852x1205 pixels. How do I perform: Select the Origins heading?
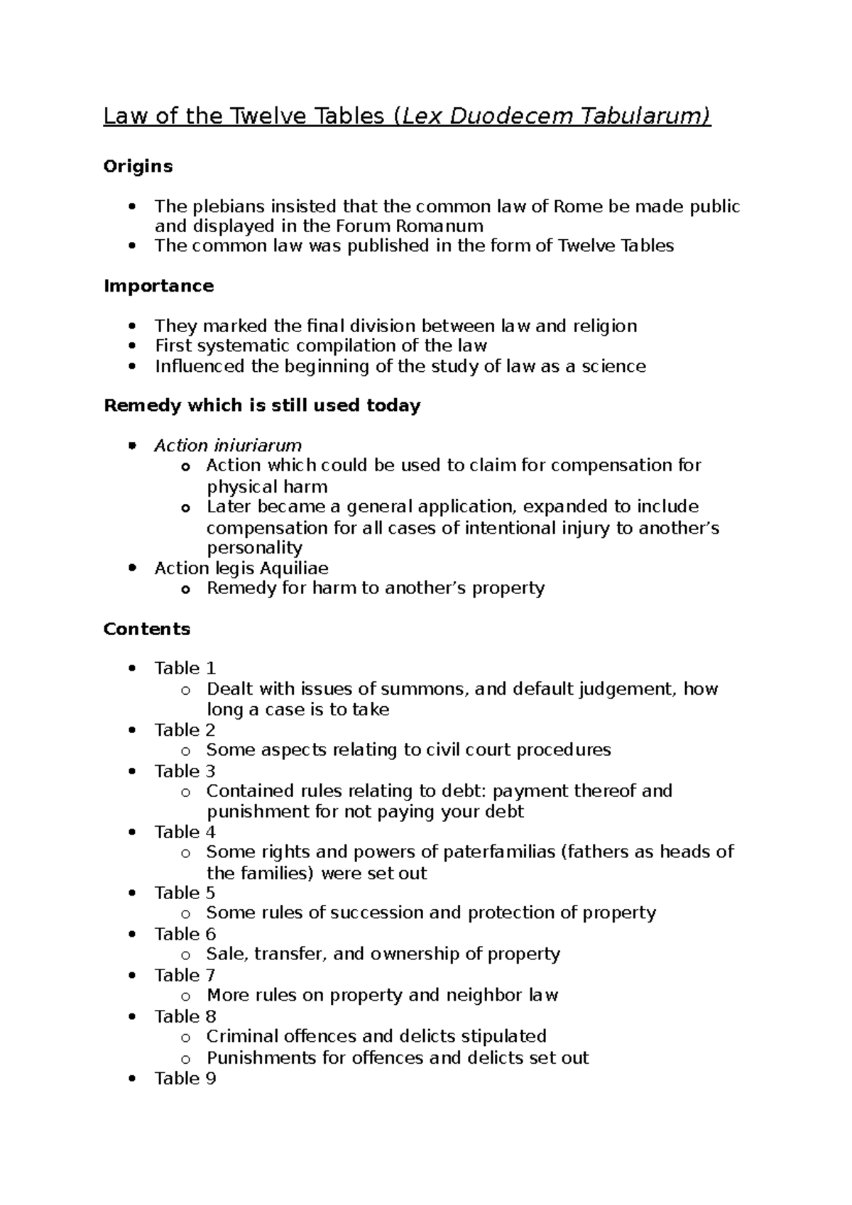[x=138, y=166]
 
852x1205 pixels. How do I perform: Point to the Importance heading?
[x=158, y=286]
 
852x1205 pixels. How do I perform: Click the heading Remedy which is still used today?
[x=262, y=406]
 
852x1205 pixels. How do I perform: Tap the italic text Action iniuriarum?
[x=228, y=446]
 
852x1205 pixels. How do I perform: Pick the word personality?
[x=254, y=548]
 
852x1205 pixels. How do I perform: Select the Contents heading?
[x=147, y=629]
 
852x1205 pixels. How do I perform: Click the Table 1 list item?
[x=185, y=668]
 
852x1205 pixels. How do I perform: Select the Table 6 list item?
[x=185, y=934]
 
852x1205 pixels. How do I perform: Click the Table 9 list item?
[x=185, y=1079]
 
